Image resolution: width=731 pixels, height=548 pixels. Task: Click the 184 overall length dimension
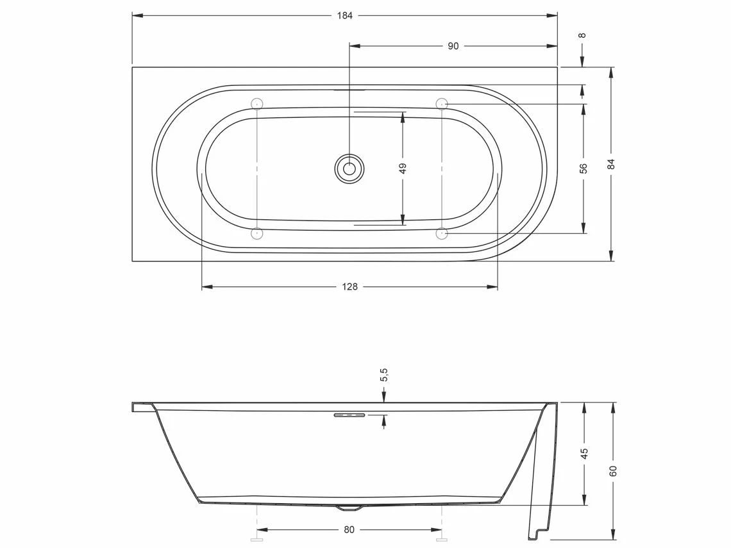click(x=344, y=15)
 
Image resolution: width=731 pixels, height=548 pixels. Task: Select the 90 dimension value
click(x=453, y=46)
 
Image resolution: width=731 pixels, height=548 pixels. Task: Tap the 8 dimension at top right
click(x=582, y=35)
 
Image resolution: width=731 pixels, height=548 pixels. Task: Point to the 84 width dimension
click(x=611, y=163)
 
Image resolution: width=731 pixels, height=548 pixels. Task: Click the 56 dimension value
click(x=584, y=169)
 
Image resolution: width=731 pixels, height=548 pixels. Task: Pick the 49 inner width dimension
click(x=403, y=169)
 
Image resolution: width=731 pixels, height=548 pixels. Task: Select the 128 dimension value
click(x=350, y=287)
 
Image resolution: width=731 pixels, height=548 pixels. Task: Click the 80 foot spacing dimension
click(x=349, y=530)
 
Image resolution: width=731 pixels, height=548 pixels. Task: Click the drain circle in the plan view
click(x=349, y=169)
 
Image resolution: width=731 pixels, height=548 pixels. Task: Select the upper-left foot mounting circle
click(x=256, y=104)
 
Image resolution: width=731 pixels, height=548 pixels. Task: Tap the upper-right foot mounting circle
click(x=442, y=104)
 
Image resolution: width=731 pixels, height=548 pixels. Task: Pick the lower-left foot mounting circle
click(x=256, y=234)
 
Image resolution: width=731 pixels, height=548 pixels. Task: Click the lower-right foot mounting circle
click(x=442, y=234)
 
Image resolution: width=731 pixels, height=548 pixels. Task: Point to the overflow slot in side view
click(x=349, y=415)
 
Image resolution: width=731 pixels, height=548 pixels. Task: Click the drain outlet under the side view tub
click(x=349, y=508)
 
